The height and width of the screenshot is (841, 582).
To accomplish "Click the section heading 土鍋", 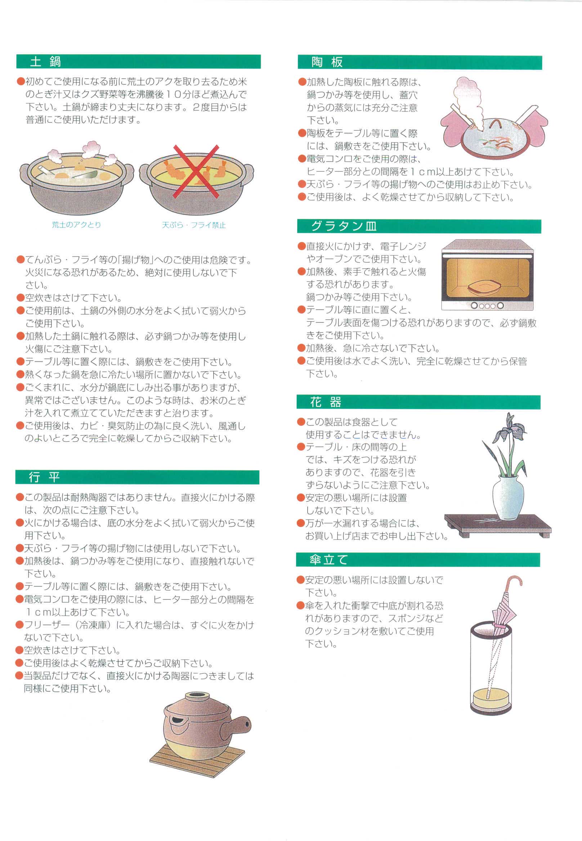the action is tap(45, 62).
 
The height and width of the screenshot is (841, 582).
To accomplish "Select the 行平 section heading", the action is tap(44, 477).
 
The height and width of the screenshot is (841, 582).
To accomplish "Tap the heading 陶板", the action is tap(327, 62).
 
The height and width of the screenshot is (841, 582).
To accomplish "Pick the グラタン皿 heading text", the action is tap(344, 226).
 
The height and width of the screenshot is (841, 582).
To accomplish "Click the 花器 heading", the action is tap(326, 402).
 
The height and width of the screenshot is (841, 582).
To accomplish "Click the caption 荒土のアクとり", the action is tap(76, 225).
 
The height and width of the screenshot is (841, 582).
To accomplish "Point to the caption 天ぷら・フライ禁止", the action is tap(194, 225).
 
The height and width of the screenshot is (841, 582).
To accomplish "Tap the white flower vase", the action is tap(508, 498).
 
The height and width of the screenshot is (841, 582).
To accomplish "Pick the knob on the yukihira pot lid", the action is tap(197, 697).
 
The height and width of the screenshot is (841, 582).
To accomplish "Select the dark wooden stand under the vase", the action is tap(498, 525).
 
